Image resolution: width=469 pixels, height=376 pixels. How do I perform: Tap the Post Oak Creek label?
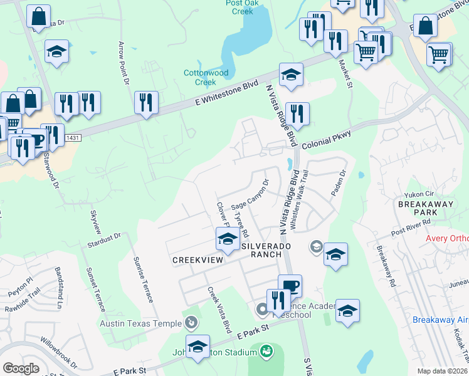[x=238, y=7]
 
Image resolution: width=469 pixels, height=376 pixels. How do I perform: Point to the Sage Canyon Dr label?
[x=250, y=196]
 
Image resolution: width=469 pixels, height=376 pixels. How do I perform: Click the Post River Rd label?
[x=411, y=227]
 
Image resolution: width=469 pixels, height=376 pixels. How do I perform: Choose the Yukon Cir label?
[x=424, y=194]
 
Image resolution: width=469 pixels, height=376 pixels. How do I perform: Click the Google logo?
[x=21, y=368]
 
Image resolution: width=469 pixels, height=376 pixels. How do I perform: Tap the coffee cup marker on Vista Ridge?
[x=290, y=286]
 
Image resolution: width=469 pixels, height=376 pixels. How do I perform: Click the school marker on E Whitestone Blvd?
[x=291, y=75]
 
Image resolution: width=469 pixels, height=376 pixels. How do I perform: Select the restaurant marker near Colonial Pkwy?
[x=297, y=114]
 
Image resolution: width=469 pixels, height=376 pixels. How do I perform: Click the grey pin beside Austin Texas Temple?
[x=192, y=323]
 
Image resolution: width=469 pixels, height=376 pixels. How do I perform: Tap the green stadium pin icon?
[x=266, y=349]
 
